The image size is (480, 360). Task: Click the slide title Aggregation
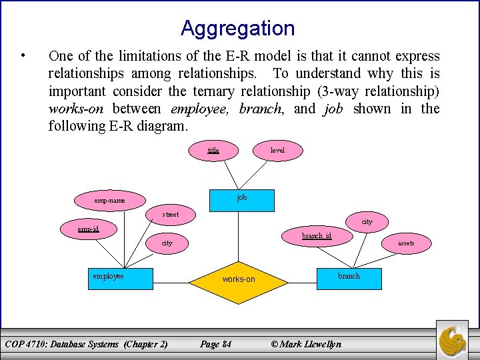click(237, 29)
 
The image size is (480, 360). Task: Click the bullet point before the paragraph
click(24, 55)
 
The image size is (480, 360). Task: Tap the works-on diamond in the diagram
click(239, 279)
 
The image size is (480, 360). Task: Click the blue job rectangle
click(241, 198)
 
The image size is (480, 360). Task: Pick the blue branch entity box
click(349, 278)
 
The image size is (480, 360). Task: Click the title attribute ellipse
click(213, 151)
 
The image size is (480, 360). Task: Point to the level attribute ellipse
click(277, 151)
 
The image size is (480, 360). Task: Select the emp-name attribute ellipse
click(109, 200)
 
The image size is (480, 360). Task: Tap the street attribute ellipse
click(171, 215)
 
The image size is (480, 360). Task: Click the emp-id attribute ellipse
click(88, 229)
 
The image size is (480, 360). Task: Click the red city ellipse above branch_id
click(367, 221)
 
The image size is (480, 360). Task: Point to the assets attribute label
click(406, 243)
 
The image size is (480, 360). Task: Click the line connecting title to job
click(227, 175)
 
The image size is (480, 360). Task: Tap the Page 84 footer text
click(215, 344)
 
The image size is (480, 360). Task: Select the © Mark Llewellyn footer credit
click(306, 344)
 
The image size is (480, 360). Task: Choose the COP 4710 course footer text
click(86, 344)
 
